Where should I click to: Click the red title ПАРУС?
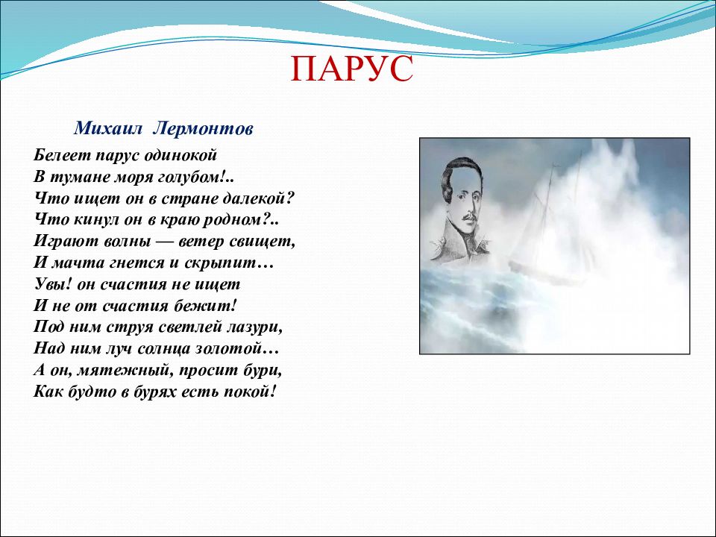(351, 69)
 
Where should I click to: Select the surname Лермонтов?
(203, 129)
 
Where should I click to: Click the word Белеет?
(62, 155)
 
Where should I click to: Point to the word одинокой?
(180, 156)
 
